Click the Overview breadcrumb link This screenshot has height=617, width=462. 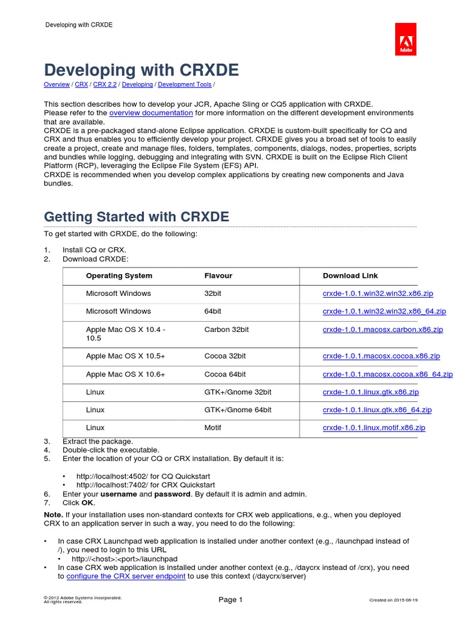click(57, 85)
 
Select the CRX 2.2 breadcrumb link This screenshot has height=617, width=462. click(105, 85)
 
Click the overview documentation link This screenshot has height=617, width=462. click(151, 113)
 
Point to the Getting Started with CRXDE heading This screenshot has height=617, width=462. click(137, 216)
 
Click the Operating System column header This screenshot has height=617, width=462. click(119, 275)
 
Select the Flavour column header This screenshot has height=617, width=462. click(218, 275)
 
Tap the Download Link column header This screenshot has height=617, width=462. click(350, 275)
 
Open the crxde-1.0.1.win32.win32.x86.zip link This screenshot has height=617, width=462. click(378, 293)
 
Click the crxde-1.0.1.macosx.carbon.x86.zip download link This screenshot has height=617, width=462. click(383, 330)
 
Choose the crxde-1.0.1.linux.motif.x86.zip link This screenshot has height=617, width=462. click(374, 427)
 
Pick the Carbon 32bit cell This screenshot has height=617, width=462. click(227, 330)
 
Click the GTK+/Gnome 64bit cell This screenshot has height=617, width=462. click(238, 410)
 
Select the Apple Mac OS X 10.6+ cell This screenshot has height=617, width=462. click(125, 374)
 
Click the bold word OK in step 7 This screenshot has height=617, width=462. click(88, 503)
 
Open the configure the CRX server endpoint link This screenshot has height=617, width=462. click(126, 576)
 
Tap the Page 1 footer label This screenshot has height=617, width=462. click(230, 600)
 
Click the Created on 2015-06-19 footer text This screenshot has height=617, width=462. click(393, 600)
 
